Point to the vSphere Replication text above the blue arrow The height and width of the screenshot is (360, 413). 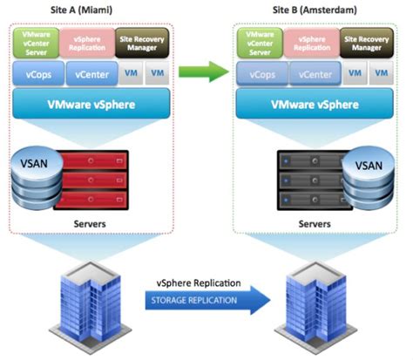coord(195,284)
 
